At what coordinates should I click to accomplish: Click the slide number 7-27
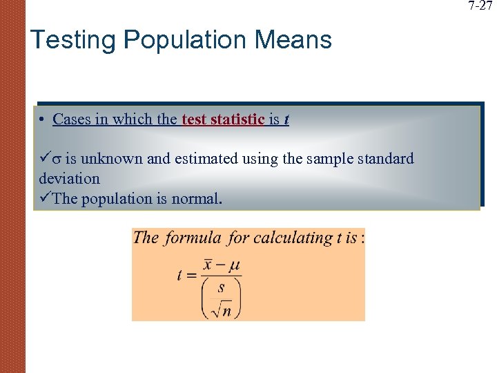coord(480,6)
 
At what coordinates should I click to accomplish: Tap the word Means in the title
coord(293,39)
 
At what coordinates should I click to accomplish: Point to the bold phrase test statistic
coord(224,119)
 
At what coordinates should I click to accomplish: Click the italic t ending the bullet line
coord(286,119)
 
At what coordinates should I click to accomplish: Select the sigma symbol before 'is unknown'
coord(56,160)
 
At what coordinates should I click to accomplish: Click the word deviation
coord(70,178)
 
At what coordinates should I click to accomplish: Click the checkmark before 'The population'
coord(45,198)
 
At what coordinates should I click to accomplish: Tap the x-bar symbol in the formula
coord(208,266)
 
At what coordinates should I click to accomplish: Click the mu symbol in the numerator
coord(234,267)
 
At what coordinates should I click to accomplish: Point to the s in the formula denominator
coord(221,288)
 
